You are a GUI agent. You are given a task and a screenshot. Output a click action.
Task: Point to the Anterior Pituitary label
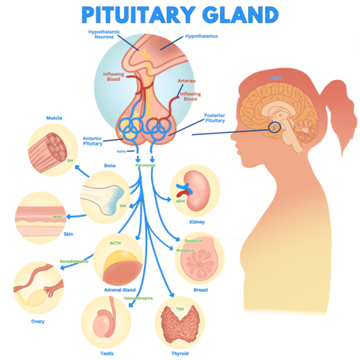point(93,140)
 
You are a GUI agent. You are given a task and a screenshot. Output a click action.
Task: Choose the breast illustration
point(201,261)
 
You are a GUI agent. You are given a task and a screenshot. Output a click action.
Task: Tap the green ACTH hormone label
point(115,243)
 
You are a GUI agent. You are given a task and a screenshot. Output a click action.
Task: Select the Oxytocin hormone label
point(193,240)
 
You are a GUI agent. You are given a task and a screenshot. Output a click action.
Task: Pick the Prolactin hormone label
point(186,250)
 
